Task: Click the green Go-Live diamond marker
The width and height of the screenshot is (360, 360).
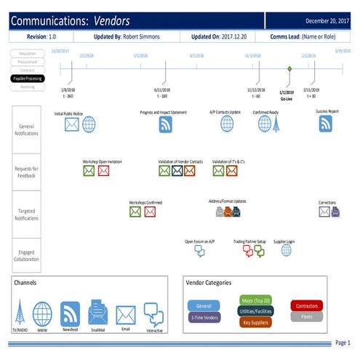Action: tap(289, 68)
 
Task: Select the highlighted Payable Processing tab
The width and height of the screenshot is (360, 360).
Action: tap(28, 78)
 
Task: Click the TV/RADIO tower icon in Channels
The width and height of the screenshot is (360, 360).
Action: tap(20, 313)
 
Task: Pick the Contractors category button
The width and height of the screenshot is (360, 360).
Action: tap(306, 306)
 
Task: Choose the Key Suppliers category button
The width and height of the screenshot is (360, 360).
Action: tap(255, 321)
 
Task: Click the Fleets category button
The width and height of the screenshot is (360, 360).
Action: tap(306, 317)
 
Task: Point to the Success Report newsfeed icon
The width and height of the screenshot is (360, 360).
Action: tap(326, 124)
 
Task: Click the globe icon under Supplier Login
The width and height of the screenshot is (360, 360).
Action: tap(286, 249)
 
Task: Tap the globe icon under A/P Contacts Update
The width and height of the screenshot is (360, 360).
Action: tap(227, 124)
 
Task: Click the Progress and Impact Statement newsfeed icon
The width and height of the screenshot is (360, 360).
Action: tap(165, 124)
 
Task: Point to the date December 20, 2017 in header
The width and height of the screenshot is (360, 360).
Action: tap(328, 21)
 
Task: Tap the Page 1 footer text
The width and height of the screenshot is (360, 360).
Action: tap(342, 343)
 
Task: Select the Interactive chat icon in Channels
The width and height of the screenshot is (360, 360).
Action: tap(153, 314)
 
